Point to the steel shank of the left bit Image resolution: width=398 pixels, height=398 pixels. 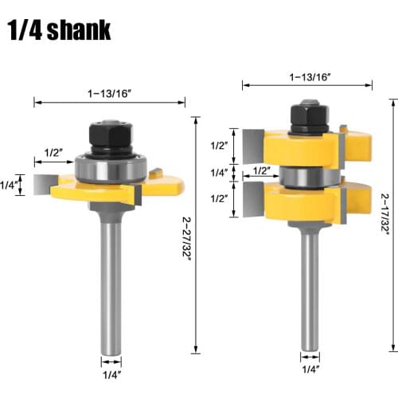(x=111, y=287)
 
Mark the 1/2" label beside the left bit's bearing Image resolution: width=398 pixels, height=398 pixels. (x=54, y=153)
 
